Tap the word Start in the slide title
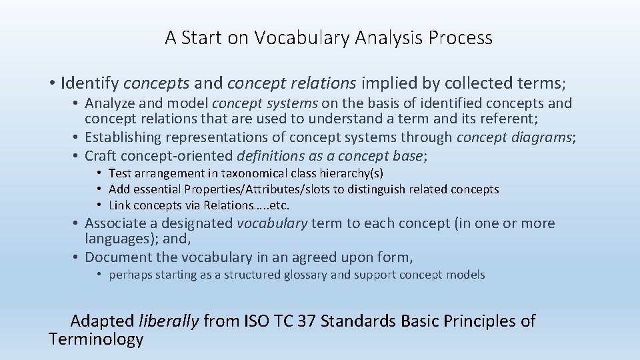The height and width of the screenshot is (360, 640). pyautogui.click(x=202, y=38)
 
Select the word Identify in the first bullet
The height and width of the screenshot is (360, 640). pyautogui.click(x=89, y=83)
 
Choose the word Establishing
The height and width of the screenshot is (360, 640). pyautogui.click(x=123, y=137)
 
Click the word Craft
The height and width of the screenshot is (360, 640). pyautogui.click(x=101, y=156)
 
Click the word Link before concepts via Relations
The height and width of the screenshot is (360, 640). pyautogui.click(x=119, y=205)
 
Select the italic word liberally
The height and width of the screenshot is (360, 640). pyautogui.click(x=169, y=321)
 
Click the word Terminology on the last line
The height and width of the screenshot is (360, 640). pyautogui.click(x=96, y=340)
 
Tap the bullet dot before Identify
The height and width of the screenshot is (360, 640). pyautogui.click(x=51, y=84)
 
